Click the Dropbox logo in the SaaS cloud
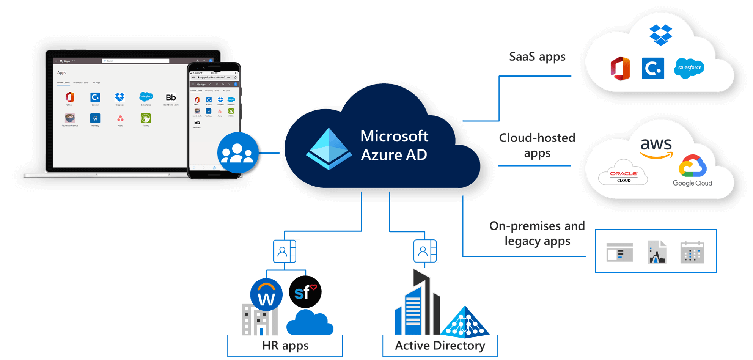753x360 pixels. [x=660, y=35]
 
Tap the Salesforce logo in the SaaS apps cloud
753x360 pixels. [x=689, y=68]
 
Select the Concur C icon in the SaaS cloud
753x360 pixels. [x=653, y=69]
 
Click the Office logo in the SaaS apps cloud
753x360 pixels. [x=621, y=69]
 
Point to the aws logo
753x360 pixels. [x=656, y=148]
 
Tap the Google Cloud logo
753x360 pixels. [x=693, y=171]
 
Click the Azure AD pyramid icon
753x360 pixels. [x=329, y=149]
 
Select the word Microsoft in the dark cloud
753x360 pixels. [x=394, y=136]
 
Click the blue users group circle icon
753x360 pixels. [x=238, y=153]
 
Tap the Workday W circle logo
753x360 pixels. [x=266, y=295]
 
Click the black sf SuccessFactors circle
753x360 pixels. [x=305, y=292]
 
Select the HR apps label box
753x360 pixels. [x=285, y=346]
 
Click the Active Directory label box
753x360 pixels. [x=440, y=346]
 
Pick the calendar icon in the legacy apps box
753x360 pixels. [x=692, y=252]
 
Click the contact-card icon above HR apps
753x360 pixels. [x=286, y=251]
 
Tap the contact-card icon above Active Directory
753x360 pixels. [x=426, y=251]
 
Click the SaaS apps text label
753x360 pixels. [x=537, y=57]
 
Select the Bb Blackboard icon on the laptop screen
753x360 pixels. [x=171, y=98]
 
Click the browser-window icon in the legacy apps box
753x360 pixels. [x=619, y=252]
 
